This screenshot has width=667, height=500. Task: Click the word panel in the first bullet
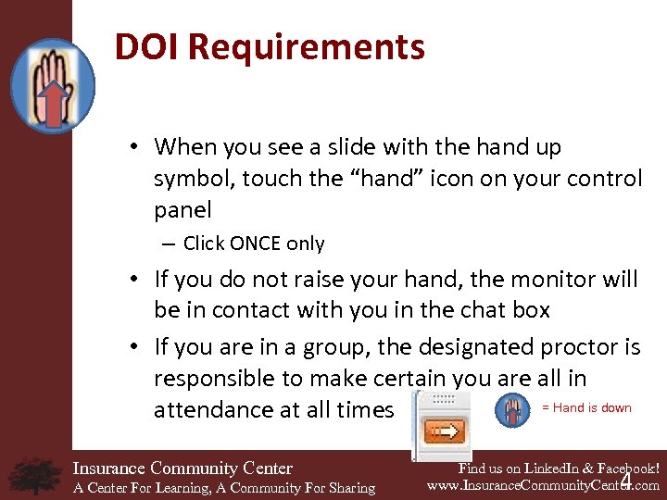coord(182,209)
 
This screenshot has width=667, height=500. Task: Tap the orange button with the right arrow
coord(445,431)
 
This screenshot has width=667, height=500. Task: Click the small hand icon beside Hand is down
coord(512,409)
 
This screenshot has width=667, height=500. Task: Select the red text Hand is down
coord(586,407)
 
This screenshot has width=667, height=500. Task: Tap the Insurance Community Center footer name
coord(182,469)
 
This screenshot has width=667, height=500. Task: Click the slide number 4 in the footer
coord(626,482)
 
